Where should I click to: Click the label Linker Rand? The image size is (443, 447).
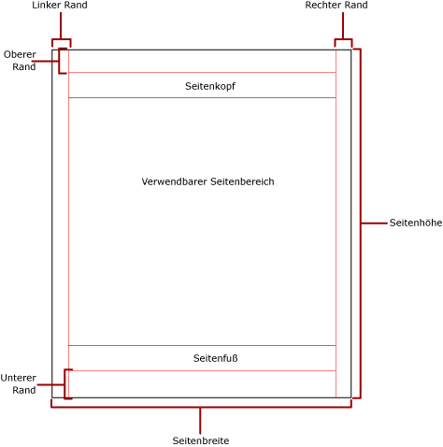[x=60, y=6]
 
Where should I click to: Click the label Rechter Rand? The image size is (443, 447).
[x=336, y=6]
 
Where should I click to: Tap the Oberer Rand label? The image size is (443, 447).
[x=20, y=61]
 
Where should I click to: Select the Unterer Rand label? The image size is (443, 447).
[x=18, y=383]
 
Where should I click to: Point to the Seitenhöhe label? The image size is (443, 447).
[x=415, y=223]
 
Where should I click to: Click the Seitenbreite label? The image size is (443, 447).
[x=201, y=440]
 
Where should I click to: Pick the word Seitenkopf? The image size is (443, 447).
[x=209, y=86]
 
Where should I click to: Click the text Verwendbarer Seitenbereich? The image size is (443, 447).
[x=207, y=181]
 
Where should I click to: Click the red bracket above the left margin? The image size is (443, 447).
[x=61, y=40]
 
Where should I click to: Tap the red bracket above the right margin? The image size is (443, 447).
[x=343, y=40]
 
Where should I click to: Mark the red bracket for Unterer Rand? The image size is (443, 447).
[x=65, y=383]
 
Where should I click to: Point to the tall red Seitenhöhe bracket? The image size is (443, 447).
[x=360, y=223]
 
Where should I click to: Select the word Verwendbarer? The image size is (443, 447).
[x=174, y=181]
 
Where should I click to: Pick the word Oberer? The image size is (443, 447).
[x=20, y=54]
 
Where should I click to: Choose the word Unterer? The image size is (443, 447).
[x=18, y=378]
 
